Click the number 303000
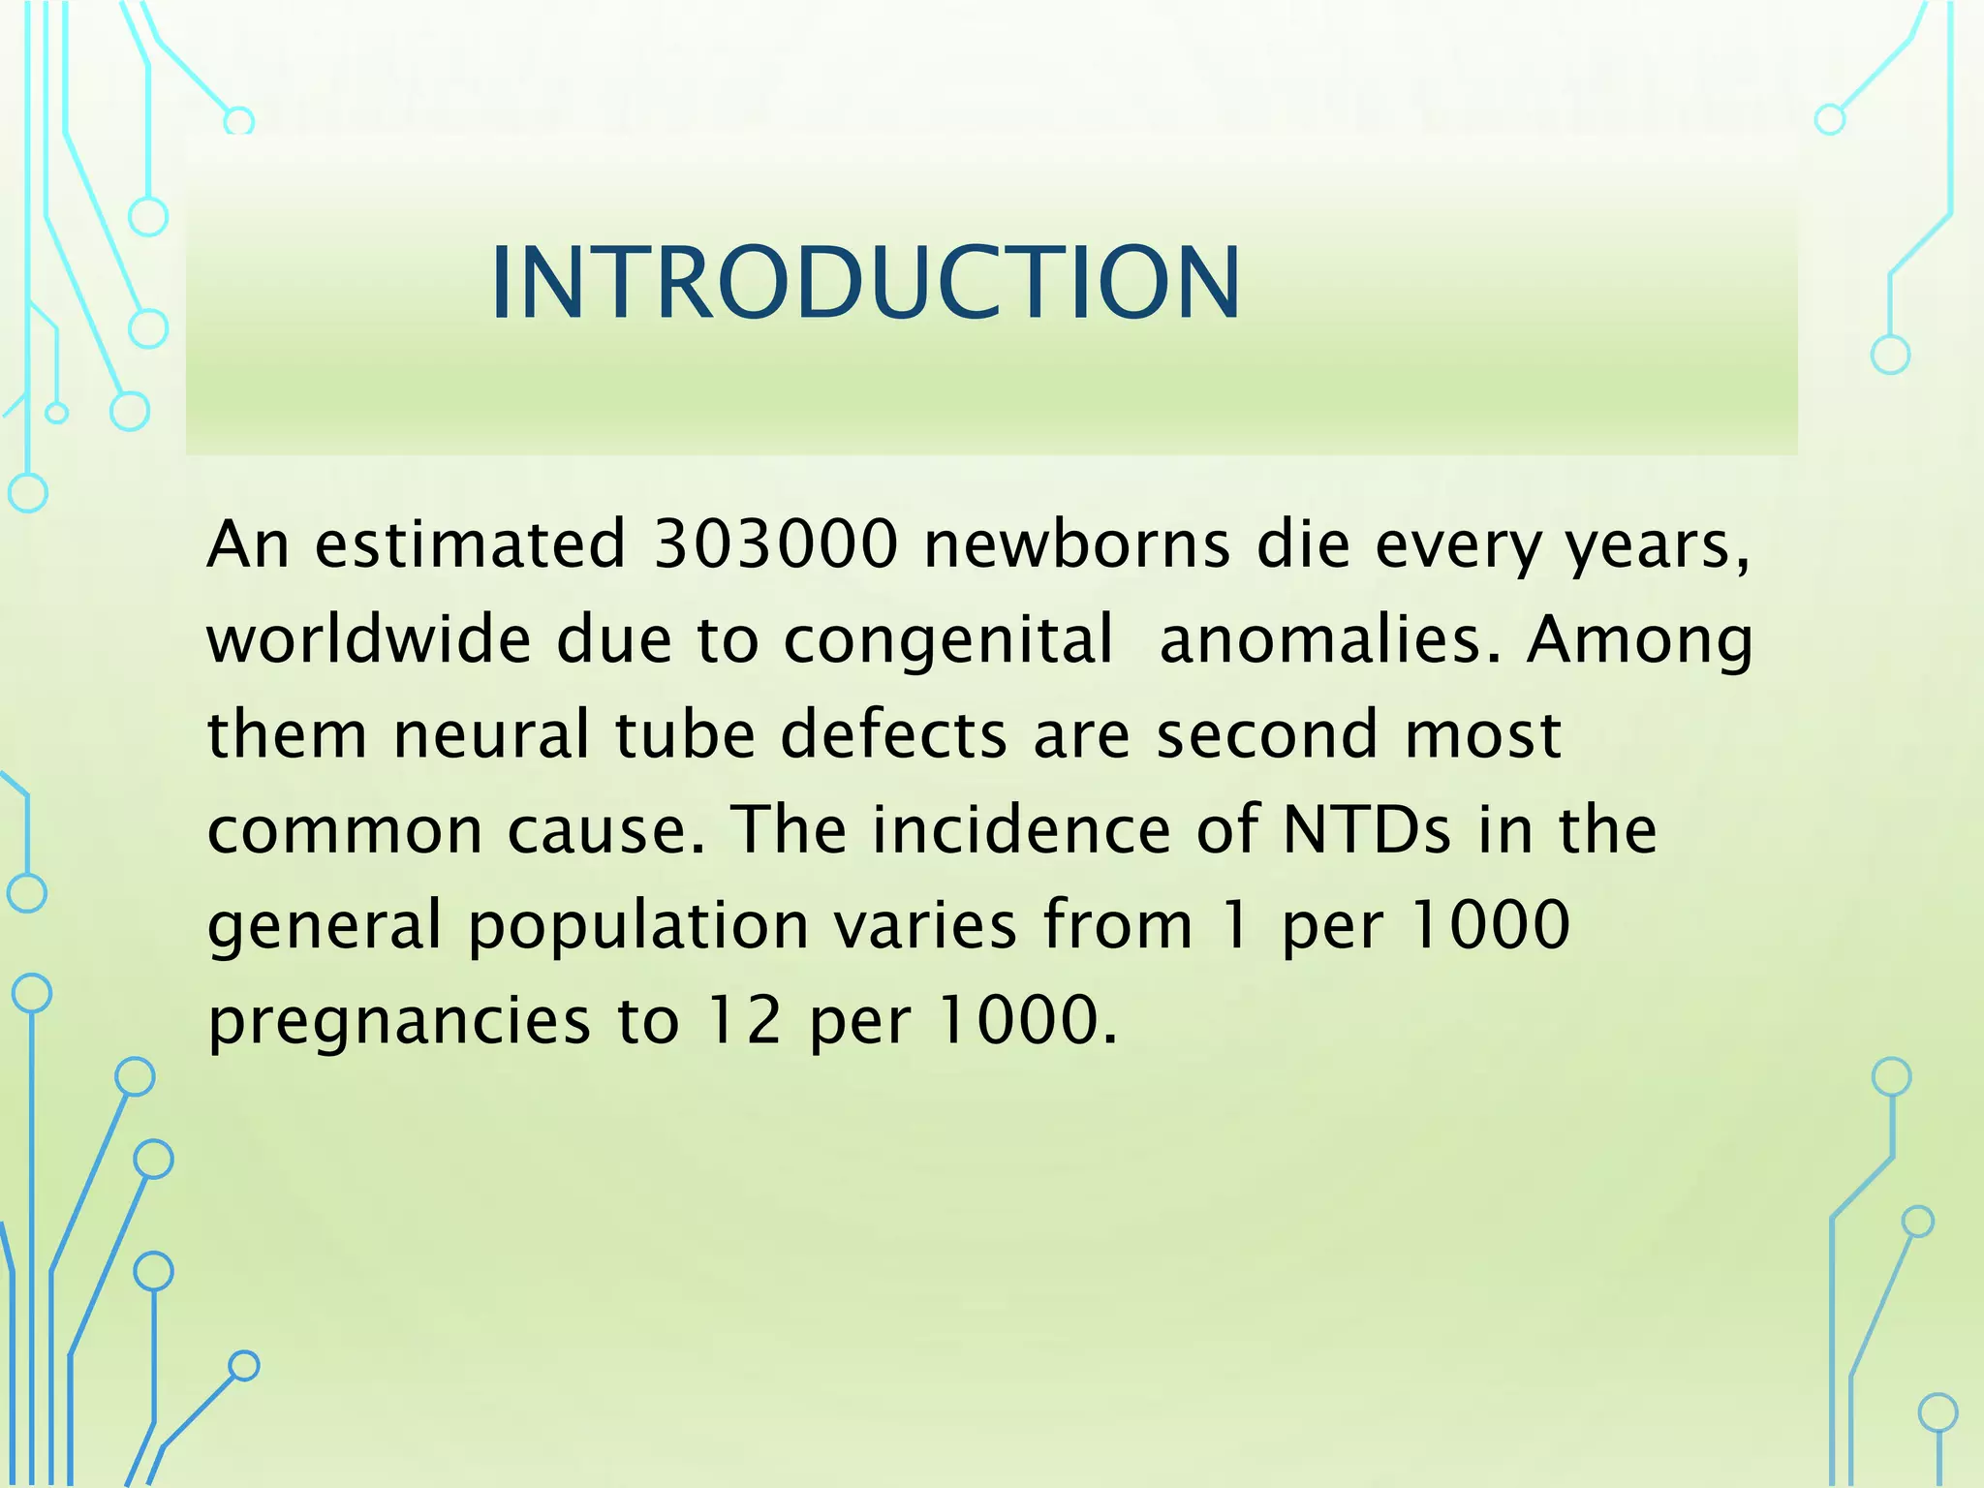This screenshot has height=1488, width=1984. pyautogui.click(x=776, y=544)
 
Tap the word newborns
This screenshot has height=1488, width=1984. pyautogui.click(x=1076, y=544)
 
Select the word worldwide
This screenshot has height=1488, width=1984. pyautogui.click(x=369, y=639)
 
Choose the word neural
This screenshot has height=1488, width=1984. pyautogui.click(x=491, y=733)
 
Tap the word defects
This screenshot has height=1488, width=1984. pyautogui.click(x=893, y=733)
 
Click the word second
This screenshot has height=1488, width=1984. pyautogui.click(x=1267, y=733)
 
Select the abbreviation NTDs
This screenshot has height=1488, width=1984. pyautogui.click(x=1367, y=829)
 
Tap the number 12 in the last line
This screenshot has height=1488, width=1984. pyautogui.click(x=743, y=1020)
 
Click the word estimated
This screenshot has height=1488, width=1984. pyautogui.click(x=470, y=544)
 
